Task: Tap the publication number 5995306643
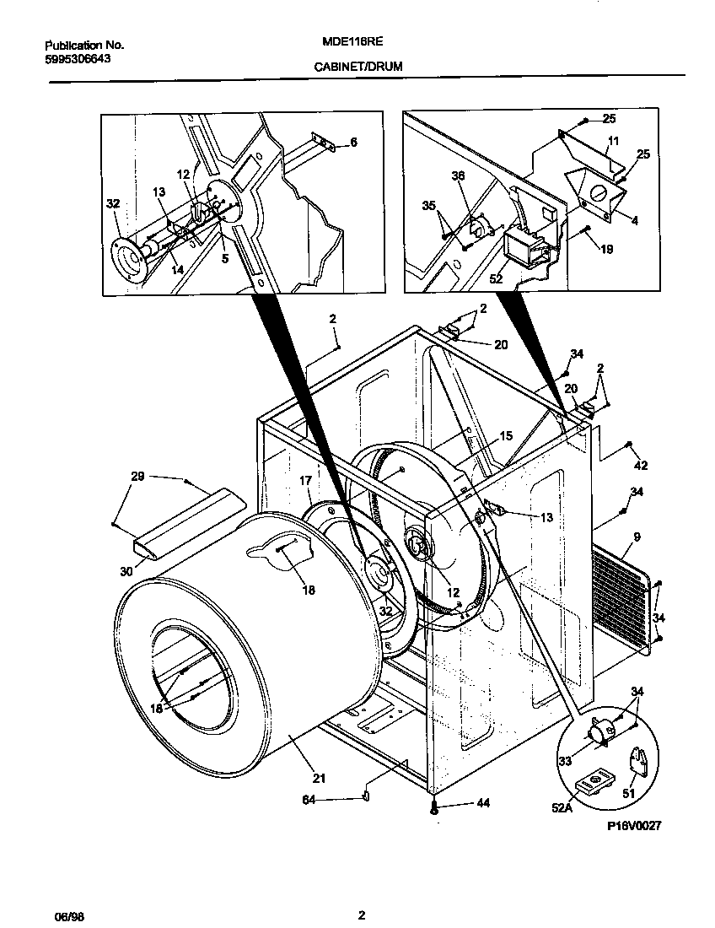pos(77,58)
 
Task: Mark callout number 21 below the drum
pos(319,778)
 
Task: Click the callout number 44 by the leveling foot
pos(482,804)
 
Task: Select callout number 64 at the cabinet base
pos(309,800)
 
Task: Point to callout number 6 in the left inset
pos(353,143)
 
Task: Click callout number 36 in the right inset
pos(458,176)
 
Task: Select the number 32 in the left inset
pos(112,202)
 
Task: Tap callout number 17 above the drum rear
pos(305,480)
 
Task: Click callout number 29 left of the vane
pos(137,477)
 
